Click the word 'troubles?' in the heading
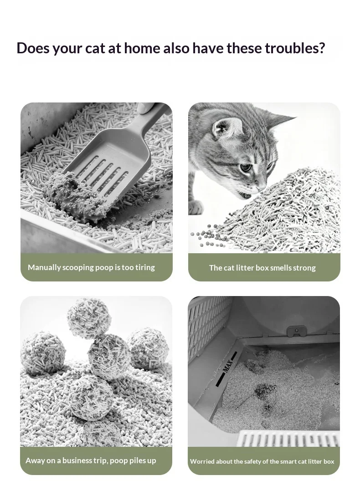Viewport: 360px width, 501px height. pos(295,48)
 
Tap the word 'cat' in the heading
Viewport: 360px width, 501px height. pos(95,48)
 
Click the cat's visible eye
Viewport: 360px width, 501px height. pos(245,167)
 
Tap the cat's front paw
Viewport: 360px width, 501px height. pos(195,208)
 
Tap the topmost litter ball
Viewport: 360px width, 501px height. pos(89,318)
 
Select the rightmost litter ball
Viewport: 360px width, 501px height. pos(149,348)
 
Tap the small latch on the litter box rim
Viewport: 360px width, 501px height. pos(296,331)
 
